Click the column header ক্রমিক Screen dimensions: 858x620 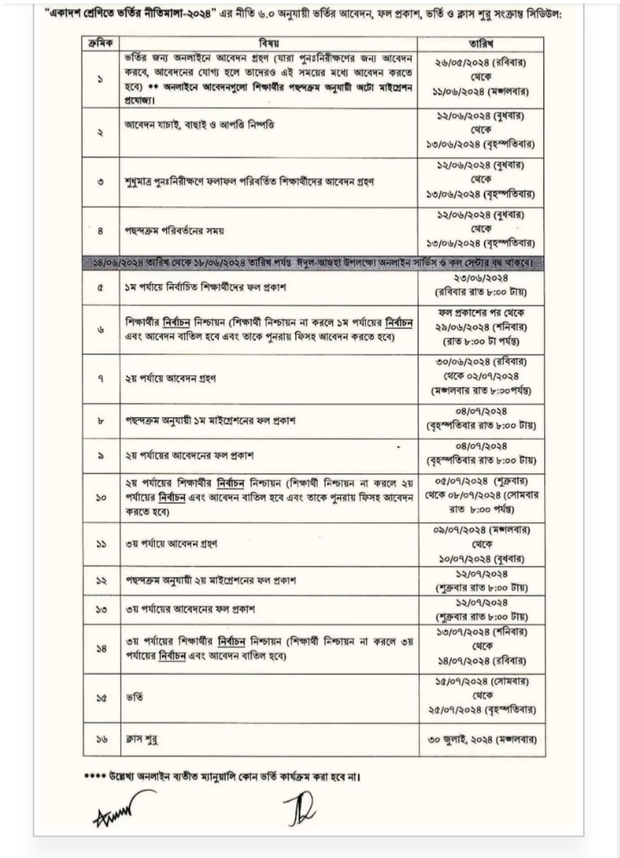(101, 41)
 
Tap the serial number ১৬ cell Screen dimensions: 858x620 (101, 738)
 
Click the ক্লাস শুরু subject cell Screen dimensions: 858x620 (141, 738)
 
